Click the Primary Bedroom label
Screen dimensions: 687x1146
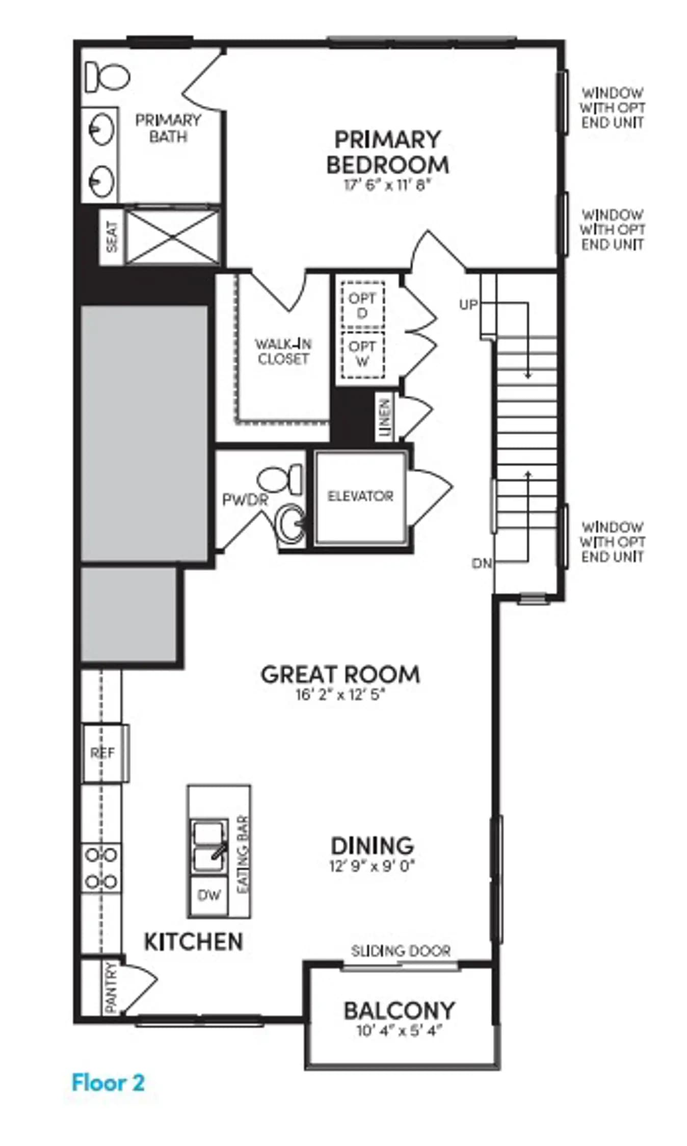387,152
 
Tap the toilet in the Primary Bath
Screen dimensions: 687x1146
107,77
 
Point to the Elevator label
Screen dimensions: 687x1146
360,496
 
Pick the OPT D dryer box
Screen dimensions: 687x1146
362,305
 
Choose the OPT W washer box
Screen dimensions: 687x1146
362,354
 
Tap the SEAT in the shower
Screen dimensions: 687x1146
112,237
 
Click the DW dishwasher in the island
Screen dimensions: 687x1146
209,895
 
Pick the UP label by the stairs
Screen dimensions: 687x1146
469,305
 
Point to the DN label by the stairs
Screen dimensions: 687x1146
482,563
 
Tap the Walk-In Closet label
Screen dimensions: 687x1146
283,351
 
